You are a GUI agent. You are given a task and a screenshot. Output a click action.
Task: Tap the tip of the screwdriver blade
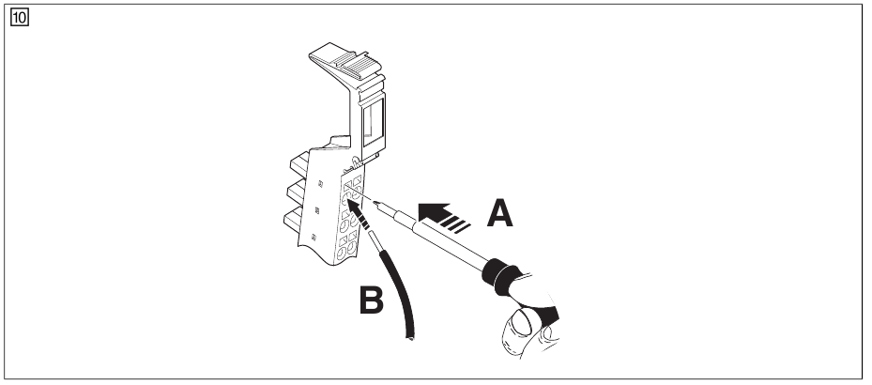click(x=375, y=200)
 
